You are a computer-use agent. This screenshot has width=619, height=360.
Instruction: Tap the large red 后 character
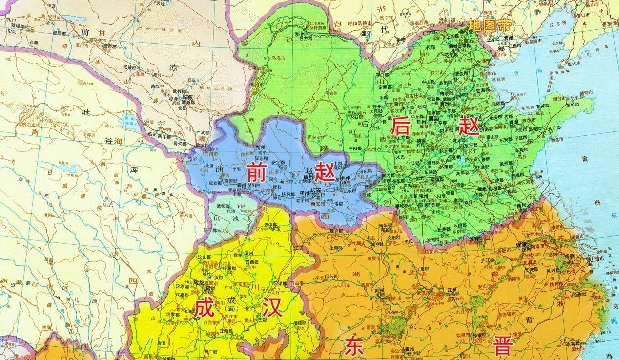[x=399, y=128]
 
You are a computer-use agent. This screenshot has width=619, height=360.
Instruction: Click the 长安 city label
[x=316, y=190]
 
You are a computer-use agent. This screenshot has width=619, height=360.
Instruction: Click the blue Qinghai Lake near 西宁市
[x=129, y=119]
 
